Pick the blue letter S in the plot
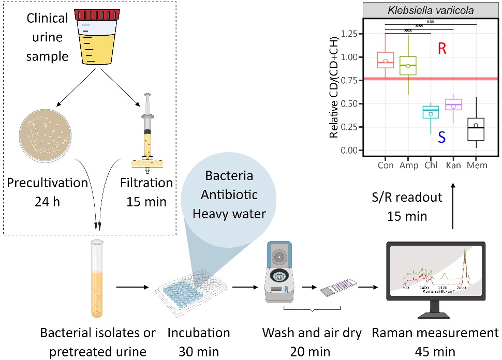coord(441,137)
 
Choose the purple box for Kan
coord(453,104)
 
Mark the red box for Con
coord(386,60)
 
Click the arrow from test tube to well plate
coord(134,286)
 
